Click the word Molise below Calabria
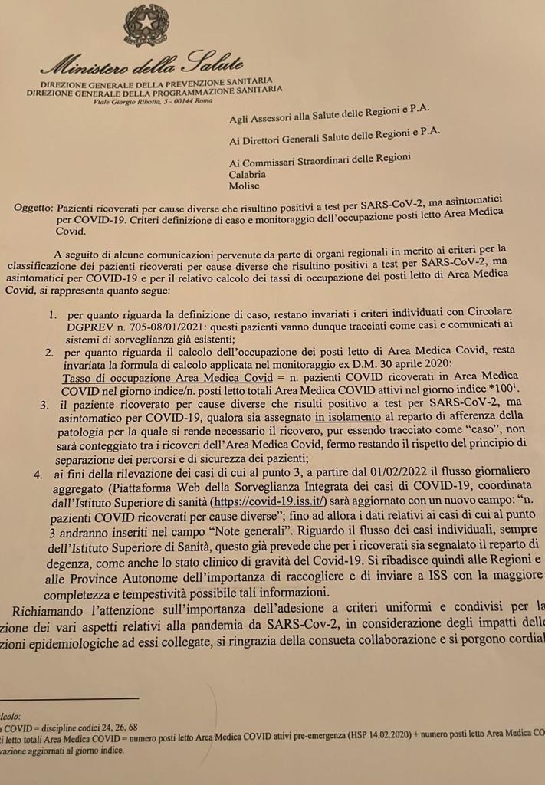pyautogui.click(x=244, y=186)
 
